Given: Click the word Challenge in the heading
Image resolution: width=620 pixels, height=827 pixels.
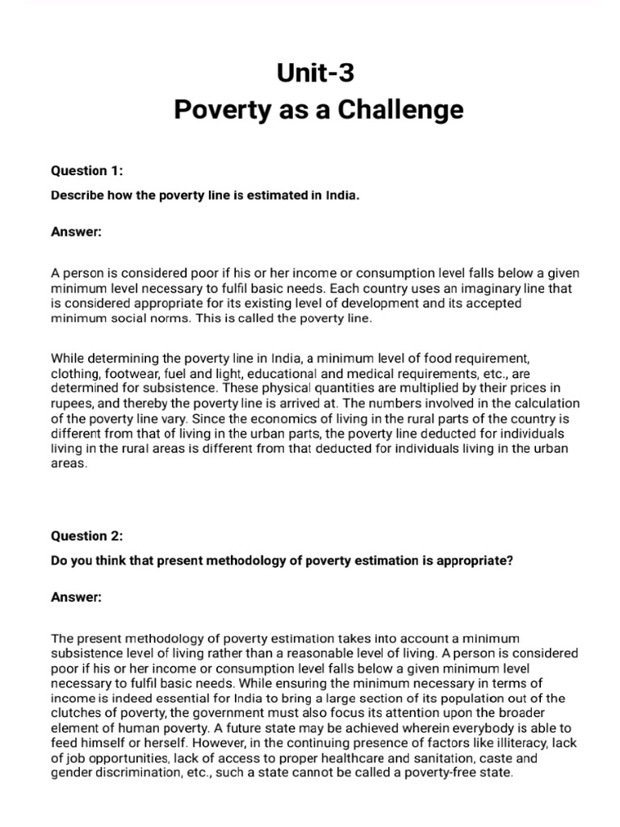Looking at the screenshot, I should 396,110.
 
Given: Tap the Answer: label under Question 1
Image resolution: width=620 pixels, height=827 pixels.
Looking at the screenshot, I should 76,232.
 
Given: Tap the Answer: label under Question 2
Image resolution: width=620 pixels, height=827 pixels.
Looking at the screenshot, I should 76,597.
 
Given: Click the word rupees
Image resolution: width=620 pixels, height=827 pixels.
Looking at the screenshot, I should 73,403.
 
